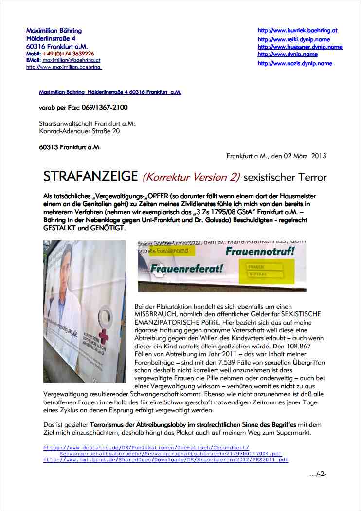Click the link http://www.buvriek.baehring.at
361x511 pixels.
(297, 30)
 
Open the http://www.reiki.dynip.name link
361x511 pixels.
(293, 39)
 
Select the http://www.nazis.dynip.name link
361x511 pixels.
(295, 63)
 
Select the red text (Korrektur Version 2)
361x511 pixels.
(192, 177)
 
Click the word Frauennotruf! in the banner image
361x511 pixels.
(260, 252)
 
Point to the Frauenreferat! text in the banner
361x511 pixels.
(186, 268)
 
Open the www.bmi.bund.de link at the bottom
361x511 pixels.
(165, 459)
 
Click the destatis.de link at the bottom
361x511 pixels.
(146, 447)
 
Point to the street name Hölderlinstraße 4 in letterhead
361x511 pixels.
(51, 38)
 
